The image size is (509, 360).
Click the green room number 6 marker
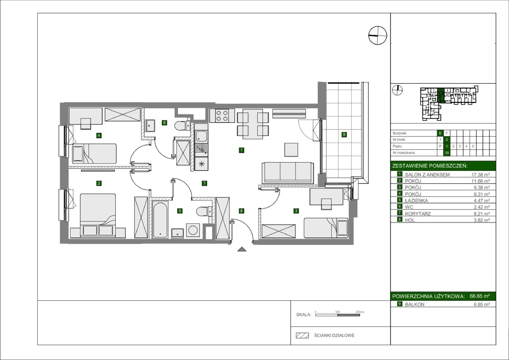click(x=164, y=123)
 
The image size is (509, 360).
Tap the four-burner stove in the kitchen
click(x=222, y=116)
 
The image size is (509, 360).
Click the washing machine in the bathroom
click(x=193, y=230)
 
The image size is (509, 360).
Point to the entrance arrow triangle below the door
click(x=242, y=250)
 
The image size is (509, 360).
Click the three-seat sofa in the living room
click(x=288, y=173)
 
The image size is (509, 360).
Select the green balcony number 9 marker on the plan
click(x=344, y=135)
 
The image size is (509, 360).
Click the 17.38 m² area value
click(x=480, y=175)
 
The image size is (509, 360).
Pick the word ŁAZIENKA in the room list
click(x=416, y=201)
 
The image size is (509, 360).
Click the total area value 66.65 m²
click(x=479, y=296)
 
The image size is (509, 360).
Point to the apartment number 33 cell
click(x=447, y=153)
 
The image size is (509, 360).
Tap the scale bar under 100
click(x=338, y=315)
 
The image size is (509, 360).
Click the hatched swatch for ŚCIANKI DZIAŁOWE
click(x=302, y=335)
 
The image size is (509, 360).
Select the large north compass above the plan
click(x=377, y=35)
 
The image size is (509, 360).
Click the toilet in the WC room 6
click(x=182, y=125)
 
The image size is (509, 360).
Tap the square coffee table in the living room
click(x=291, y=150)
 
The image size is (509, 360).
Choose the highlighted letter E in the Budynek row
click(x=440, y=133)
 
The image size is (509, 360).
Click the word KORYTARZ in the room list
click(x=418, y=214)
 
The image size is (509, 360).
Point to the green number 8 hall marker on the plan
click(x=241, y=211)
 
